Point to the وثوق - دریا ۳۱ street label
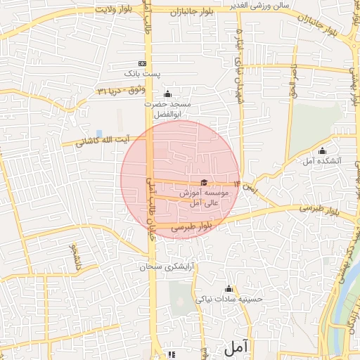122,91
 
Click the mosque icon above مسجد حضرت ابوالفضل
167,94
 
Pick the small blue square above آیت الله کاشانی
99,133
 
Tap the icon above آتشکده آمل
323,150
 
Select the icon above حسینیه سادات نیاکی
229,288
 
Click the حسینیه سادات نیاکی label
229,299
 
